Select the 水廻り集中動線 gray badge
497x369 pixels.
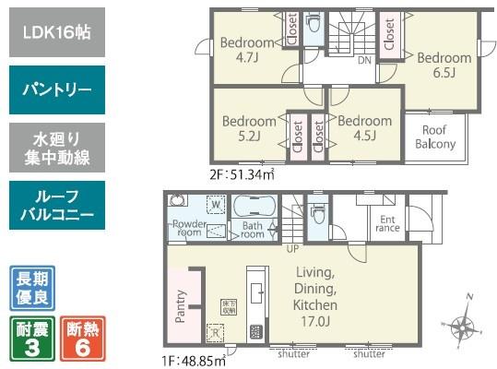(x=58, y=148)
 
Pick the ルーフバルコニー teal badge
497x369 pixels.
(x=58, y=205)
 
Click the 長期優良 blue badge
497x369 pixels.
(x=32, y=288)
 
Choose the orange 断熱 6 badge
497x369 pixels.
(x=83, y=338)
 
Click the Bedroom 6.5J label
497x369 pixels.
(x=444, y=65)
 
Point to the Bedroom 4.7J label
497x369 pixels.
(x=247, y=50)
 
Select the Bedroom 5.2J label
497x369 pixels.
(x=249, y=128)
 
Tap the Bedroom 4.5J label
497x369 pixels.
(x=364, y=128)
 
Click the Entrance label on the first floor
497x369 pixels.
(x=385, y=223)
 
